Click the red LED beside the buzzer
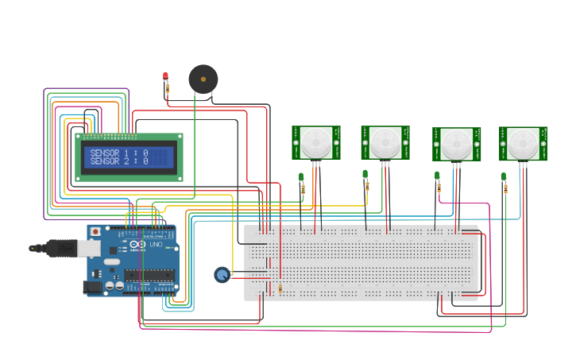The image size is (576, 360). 165,75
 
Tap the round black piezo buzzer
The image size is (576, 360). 203,79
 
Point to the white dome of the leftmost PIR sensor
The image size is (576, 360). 316,143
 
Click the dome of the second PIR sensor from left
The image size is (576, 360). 385,143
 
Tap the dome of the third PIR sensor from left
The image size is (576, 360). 456,145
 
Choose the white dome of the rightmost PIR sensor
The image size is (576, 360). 523,144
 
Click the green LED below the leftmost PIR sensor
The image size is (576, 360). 301,176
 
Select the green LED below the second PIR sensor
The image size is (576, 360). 365,174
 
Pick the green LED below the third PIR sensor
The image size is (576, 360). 437,176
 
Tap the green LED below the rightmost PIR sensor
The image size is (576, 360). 504,176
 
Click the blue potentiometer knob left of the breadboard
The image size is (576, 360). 222,275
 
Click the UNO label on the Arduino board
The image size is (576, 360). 157,244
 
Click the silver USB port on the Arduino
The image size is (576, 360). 88,249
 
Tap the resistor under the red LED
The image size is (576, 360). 167,90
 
